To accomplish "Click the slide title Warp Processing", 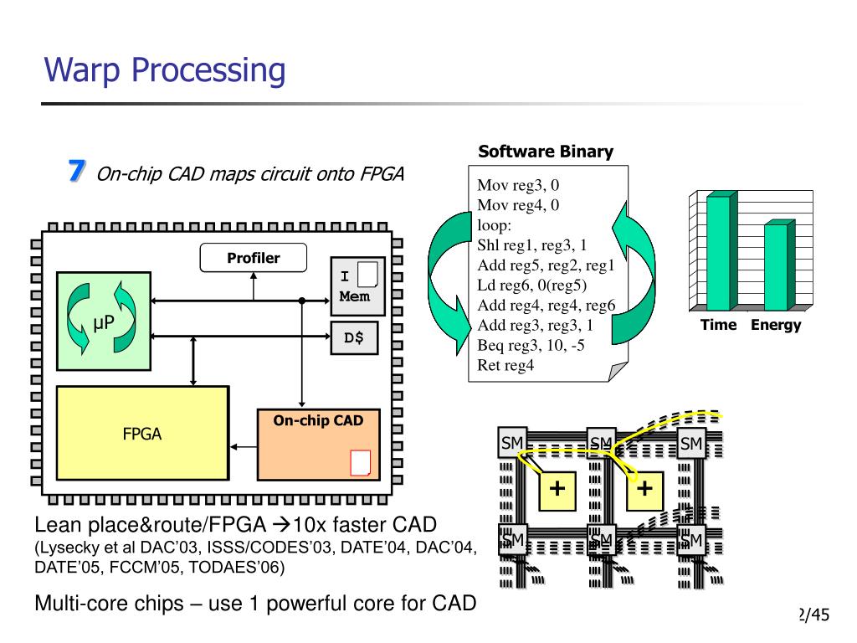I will (165, 70).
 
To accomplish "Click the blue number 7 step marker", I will (76, 171).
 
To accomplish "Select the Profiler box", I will (253, 258).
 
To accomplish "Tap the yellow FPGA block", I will (142, 432).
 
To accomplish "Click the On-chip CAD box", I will (318, 444).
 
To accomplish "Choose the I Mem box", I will (358, 285).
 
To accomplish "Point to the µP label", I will (104, 322).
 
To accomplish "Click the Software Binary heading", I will (546, 152).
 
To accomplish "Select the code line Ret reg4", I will (505, 364).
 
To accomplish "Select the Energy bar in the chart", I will (777, 266).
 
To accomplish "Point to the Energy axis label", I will (776, 325).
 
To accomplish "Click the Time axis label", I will (719, 325).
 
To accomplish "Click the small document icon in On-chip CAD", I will (360, 462).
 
